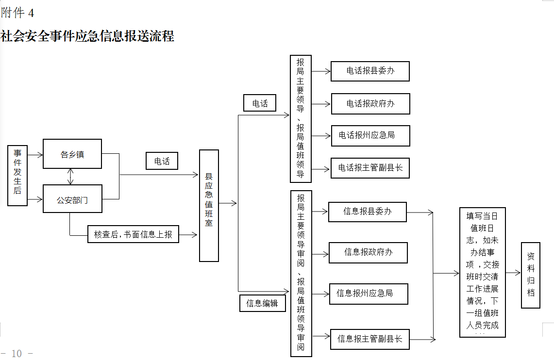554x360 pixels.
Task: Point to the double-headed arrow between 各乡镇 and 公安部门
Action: tap(71, 177)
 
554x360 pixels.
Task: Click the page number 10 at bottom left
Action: tap(17, 353)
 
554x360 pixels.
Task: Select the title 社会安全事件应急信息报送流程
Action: tap(87, 36)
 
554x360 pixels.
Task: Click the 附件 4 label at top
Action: tap(17, 13)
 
